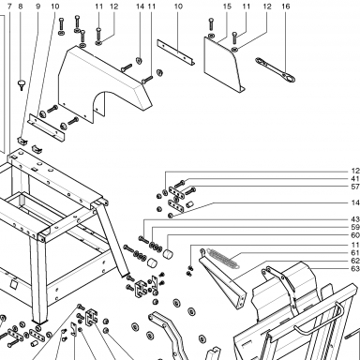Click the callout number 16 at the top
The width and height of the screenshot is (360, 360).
(x=286, y=7)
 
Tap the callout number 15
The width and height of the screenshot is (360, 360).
(x=227, y=7)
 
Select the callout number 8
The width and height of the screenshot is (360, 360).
(x=21, y=7)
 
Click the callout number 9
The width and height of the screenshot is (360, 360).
(x=38, y=7)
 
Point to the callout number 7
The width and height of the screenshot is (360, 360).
(x=9, y=7)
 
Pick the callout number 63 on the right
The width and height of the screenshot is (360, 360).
(x=355, y=269)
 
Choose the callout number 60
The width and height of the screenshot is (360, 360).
(x=355, y=235)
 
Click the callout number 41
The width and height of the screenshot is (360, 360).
(x=355, y=179)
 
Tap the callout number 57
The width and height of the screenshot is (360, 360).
(x=355, y=187)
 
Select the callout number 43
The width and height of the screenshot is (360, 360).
(x=355, y=219)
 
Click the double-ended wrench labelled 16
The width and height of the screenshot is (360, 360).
(x=275, y=69)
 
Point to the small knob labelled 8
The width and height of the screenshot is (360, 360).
(x=22, y=84)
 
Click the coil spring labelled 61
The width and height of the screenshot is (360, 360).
(x=224, y=258)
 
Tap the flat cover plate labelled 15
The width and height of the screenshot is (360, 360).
(x=224, y=65)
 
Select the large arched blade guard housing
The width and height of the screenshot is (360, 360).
(x=104, y=82)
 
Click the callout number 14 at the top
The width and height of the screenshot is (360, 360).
(x=141, y=7)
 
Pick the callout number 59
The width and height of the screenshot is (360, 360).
(x=355, y=227)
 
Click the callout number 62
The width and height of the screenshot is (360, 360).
(x=355, y=261)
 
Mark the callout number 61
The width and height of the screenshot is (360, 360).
(x=355, y=253)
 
